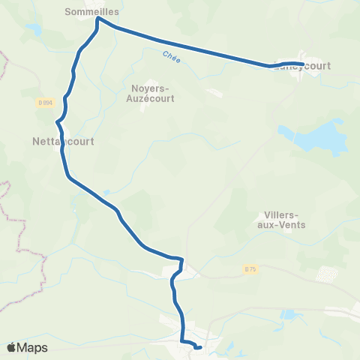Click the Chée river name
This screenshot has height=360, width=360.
(171, 55)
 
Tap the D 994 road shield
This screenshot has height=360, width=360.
(44, 101)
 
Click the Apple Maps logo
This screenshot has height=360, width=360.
(27, 347)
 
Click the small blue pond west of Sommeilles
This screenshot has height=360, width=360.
(34, 30)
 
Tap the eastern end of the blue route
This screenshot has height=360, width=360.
(302, 64)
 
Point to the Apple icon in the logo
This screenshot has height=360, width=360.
(11, 347)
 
